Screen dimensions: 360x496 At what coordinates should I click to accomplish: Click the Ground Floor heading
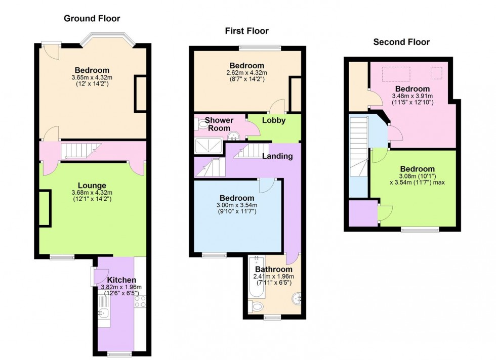click(x=92, y=19)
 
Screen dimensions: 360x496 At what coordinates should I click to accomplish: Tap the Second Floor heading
click(x=401, y=42)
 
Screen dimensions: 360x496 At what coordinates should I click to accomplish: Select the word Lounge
click(x=92, y=185)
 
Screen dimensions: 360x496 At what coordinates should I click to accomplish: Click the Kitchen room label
click(x=121, y=280)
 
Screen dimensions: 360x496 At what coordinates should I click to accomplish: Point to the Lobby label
click(x=274, y=120)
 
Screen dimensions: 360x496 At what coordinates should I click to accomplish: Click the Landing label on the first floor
click(x=277, y=156)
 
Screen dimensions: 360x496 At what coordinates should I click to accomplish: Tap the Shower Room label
click(x=219, y=124)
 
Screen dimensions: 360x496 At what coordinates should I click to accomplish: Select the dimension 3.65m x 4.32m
click(x=92, y=77)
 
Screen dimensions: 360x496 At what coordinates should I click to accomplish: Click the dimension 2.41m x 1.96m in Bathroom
click(x=273, y=277)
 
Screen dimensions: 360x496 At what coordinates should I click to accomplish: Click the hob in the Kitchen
click(x=140, y=301)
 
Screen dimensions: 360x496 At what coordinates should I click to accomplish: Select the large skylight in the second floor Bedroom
click(x=395, y=74)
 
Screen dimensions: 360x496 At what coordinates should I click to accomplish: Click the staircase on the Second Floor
click(x=359, y=147)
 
